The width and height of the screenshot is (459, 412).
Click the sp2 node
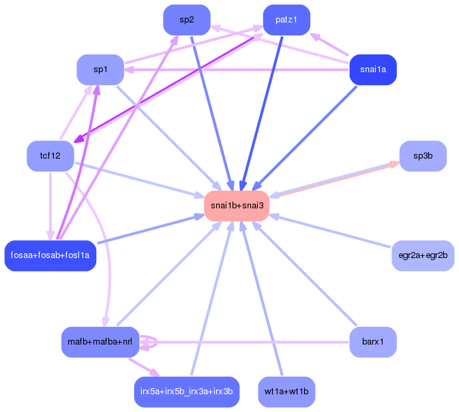(x=186, y=20)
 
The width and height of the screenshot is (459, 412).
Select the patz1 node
(x=286, y=20)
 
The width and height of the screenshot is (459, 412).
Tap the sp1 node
(x=100, y=69)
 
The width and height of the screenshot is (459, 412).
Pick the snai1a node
(x=372, y=69)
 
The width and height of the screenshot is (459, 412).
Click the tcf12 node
(x=50, y=156)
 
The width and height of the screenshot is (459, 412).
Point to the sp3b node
(x=423, y=156)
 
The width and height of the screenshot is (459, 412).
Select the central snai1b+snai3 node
(x=237, y=206)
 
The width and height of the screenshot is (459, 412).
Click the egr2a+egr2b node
(x=423, y=255)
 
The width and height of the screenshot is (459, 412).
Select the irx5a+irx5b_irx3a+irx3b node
(x=186, y=392)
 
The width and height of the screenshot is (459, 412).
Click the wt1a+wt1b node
(x=286, y=392)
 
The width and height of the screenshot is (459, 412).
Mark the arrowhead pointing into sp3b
(x=394, y=163)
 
